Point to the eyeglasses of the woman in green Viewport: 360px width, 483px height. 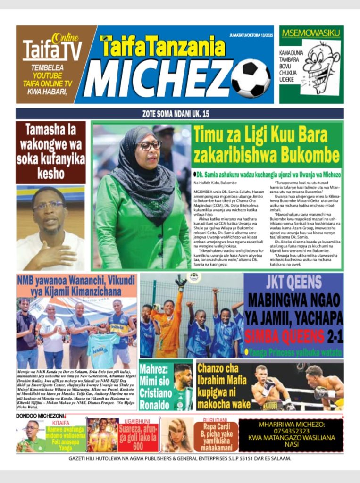click(150, 146)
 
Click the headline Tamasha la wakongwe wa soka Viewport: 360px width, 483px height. click(51, 151)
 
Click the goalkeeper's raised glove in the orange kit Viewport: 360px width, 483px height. click(180, 283)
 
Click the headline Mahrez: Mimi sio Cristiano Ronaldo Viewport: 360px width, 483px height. click(155, 386)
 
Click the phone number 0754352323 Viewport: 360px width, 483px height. click(291, 431)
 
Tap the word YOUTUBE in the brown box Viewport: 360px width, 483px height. click(47, 75)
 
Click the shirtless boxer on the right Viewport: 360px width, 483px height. click(325, 384)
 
